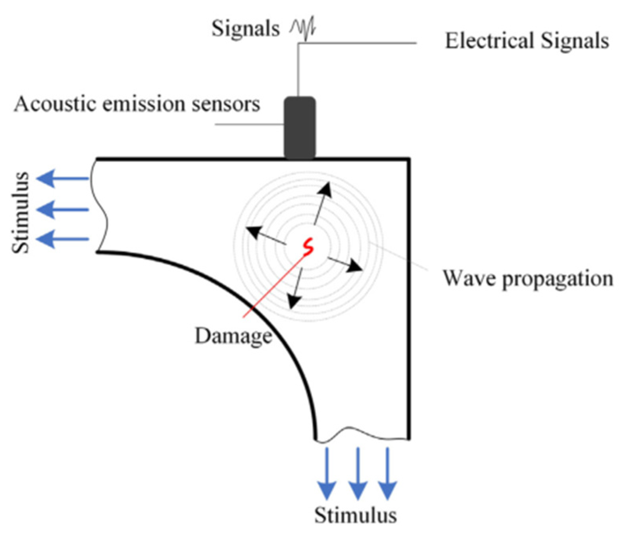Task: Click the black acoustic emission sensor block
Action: pyautogui.click(x=300, y=128)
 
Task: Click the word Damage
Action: pyautogui.click(x=233, y=336)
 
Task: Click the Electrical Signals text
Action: pyautogui.click(x=527, y=41)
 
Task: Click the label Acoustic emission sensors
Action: pyautogui.click(x=137, y=104)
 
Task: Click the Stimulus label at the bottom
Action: pyautogui.click(x=355, y=515)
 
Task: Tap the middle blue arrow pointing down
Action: pyautogui.click(x=358, y=473)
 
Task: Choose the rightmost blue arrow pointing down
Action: pyautogui.click(x=387, y=473)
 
